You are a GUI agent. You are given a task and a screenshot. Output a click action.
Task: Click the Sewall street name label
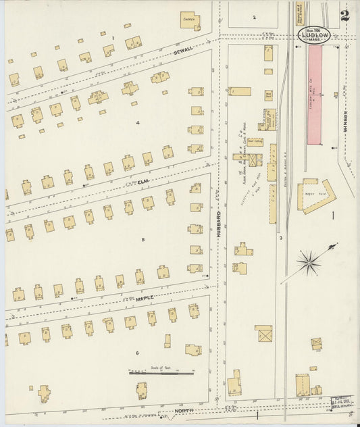(x=183, y=51)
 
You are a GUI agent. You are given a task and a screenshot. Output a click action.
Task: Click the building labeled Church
(x=190, y=21)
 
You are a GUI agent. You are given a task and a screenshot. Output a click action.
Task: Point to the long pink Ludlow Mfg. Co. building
(x=315, y=95)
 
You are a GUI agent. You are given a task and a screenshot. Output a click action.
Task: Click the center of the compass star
(x=309, y=261)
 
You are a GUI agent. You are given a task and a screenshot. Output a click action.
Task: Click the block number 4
(x=137, y=122)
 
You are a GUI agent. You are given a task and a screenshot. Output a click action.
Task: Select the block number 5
(x=143, y=239)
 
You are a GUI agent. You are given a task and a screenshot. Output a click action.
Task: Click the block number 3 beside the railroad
(x=280, y=238)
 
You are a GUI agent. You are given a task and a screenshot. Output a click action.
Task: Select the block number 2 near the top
(x=255, y=17)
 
